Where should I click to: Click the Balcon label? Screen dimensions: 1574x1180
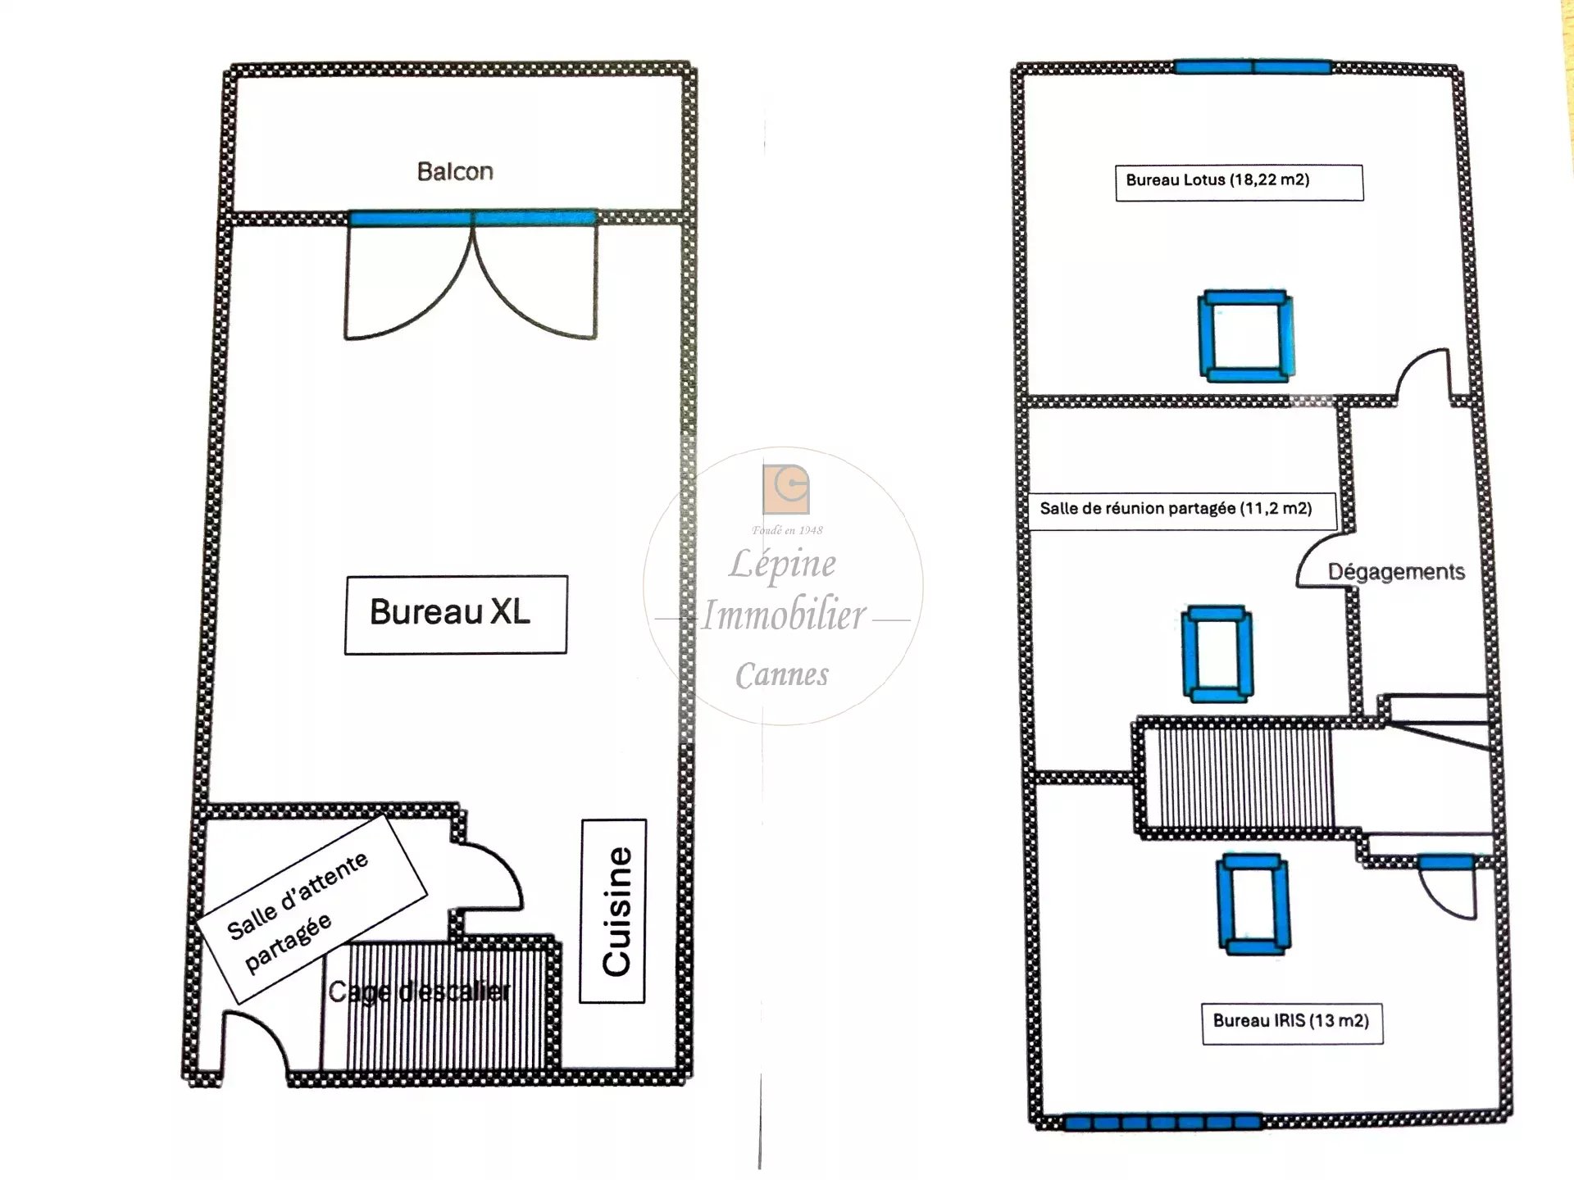pos(455,171)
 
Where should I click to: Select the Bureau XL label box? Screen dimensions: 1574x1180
pos(456,615)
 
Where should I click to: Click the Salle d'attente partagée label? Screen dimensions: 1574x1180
pos(312,910)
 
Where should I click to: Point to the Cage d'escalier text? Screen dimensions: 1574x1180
pos(419,992)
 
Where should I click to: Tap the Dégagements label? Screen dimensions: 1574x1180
pos(1396,571)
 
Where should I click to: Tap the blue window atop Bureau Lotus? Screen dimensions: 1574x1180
pos(1252,66)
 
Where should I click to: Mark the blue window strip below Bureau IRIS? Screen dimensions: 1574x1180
pos(1162,1122)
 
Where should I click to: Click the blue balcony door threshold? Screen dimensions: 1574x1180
pos(472,218)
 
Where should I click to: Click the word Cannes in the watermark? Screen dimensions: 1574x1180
pos(781,675)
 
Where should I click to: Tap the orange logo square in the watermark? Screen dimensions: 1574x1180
pos(786,489)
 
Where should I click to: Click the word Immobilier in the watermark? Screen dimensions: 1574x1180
pos(784,615)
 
